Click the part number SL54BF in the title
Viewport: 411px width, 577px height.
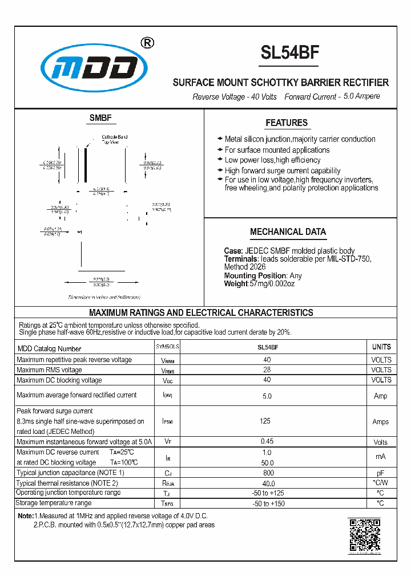[x=289, y=52]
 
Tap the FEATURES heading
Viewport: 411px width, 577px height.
[x=287, y=123]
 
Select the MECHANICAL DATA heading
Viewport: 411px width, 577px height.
[x=288, y=231]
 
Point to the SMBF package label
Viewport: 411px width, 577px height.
[x=100, y=118]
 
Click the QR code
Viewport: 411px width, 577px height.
[x=364, y=535]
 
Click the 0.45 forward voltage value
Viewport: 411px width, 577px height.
[x=267, y=442]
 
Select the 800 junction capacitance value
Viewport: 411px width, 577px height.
[x=267, y=473]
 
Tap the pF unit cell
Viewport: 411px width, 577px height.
[x=381, y=473]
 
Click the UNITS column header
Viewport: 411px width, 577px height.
[x=381, y=347]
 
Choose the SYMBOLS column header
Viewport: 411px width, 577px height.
[x=167, y=347]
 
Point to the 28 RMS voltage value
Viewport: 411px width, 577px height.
[x=267, y=369]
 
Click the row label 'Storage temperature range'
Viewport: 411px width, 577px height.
[x=54, y=503]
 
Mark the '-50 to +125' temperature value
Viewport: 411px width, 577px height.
[x=268, y=493]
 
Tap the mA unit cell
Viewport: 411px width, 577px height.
[x=381, y=457]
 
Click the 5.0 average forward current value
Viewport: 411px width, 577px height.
[x=267, y=396]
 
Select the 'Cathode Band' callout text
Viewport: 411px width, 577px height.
[x=114, y=137]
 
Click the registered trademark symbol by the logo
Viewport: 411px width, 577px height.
[x=147, y=43]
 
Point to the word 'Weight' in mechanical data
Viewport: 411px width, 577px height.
[x=236, y=283]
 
